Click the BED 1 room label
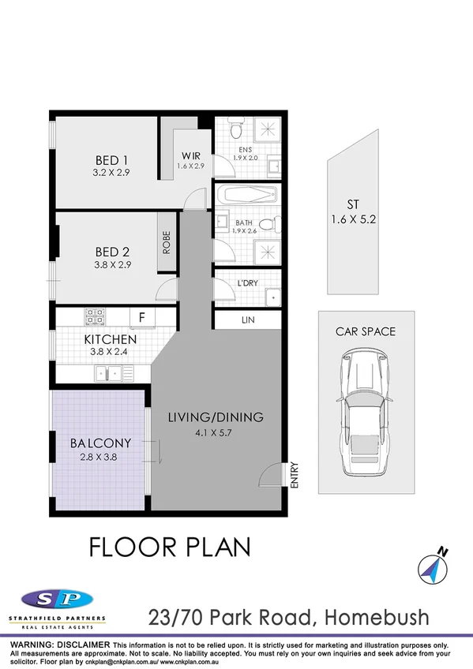107,157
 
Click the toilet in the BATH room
268,226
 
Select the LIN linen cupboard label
248,320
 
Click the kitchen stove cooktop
96,316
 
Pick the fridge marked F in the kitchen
142,316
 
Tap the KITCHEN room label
111,339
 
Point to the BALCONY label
100,443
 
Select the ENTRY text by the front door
293,476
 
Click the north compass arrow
431,566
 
